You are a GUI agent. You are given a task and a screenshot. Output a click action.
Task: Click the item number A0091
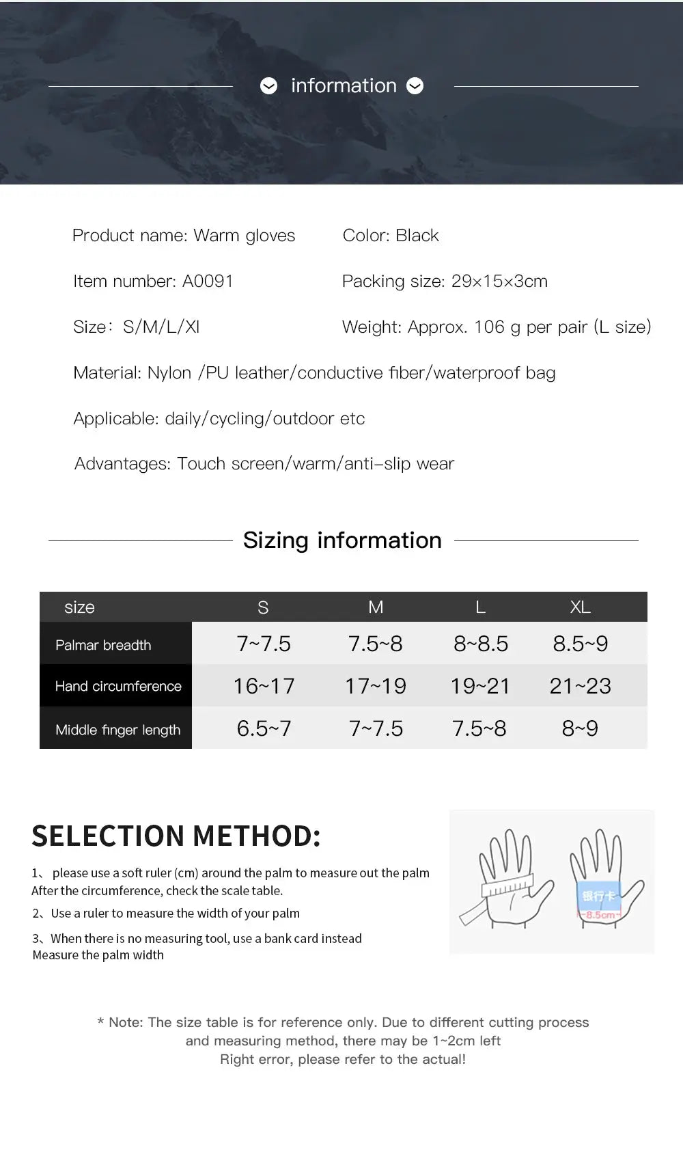coord(208,281)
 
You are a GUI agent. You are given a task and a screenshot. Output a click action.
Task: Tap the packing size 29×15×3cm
coord(499,281)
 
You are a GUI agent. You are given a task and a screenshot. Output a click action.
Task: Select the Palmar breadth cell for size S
coord(264,644)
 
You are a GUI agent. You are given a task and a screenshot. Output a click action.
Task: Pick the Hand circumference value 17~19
coord(375,686)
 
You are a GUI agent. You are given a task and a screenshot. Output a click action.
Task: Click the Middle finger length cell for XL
coord(580,728)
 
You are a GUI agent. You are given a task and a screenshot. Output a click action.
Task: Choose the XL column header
coord(580,607)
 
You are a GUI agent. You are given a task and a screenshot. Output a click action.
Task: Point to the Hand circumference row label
coord(118,686)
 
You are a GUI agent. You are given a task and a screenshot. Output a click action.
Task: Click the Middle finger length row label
coord(117,730)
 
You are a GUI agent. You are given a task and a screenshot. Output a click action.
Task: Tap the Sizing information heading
coord(342,540)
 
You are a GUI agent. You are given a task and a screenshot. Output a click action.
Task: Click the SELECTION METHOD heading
coord(176,836)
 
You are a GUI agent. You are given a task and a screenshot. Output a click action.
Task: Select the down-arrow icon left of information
coord(269,86)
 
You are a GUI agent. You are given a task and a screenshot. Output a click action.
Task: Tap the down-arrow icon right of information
coord(415,86)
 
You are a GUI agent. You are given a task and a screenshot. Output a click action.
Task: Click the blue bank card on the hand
coord(598,896)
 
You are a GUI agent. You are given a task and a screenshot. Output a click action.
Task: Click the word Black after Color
coord(417,236)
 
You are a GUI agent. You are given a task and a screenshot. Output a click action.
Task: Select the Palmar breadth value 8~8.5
coord(481,644)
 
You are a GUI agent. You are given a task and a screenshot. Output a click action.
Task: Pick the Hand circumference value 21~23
coord(580,686)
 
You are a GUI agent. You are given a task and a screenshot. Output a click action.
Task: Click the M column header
coord(376,607)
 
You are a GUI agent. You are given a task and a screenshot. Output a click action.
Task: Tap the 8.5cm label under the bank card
coord(599,915)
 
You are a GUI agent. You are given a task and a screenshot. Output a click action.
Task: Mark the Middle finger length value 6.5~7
coord(264,728)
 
